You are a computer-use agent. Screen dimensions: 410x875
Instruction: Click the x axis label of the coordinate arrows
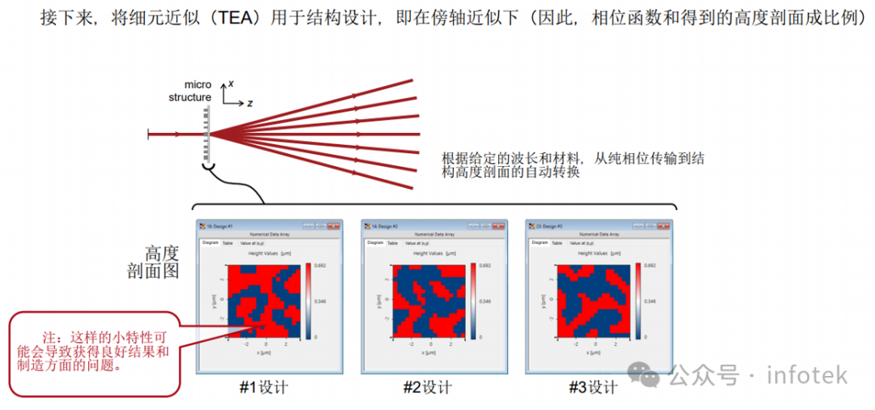click(231, 83)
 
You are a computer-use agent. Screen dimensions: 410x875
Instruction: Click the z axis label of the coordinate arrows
click(250, 104)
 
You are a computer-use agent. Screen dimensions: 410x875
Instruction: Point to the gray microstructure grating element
click(207, 133)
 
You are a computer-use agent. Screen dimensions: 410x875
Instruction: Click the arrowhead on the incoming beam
click(177, 133)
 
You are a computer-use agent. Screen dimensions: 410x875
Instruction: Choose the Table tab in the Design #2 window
click(392, 243)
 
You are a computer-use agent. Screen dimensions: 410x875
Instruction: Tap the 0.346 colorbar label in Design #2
click(484, 301)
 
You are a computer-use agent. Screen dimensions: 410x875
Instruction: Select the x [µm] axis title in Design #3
click(595, 353)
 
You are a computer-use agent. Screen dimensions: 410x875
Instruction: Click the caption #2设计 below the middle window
click(428, 387)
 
